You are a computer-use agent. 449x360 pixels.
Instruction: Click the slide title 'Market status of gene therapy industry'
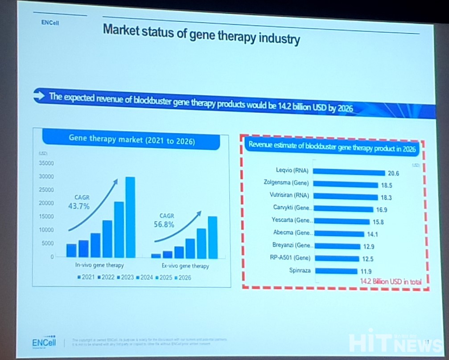pyautogui.click(x=201, y=35)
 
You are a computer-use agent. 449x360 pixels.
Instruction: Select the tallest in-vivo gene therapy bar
pyautogui.click(x=130, y=217)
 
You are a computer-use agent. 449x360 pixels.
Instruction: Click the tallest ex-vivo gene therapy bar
pyautogui.click(x=213, y=237)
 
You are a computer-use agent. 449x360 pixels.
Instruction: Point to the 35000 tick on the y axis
pyautogui.click(x=46, y=164)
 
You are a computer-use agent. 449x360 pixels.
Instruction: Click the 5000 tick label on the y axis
pyautogui.click(x=48, y=243)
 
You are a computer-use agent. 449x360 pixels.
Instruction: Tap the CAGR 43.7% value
pyautogui.click(x=79, y=206)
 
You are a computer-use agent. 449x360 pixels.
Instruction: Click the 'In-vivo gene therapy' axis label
pyautogui.click(x=99, y=266)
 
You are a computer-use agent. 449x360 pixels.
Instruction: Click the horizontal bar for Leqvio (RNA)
pyautogui.click(x=350, y=172)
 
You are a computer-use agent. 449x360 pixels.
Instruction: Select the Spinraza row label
pyautogui.click(x=301, y=270)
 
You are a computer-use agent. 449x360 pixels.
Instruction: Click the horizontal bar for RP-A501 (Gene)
pyautogui.click(x=337, y=258)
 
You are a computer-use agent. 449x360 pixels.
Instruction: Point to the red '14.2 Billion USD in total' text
pyautogui.click(x=391, y=281)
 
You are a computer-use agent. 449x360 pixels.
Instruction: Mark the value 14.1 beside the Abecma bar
pyautogui.click(x=372, y=233)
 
